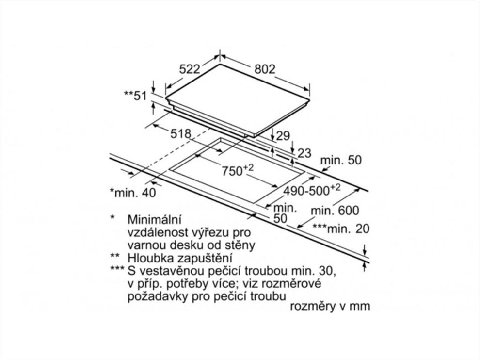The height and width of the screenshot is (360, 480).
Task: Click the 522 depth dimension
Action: point(190,69)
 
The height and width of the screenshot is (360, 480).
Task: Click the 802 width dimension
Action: point(265,69)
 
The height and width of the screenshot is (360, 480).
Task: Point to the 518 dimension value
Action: point(181,134)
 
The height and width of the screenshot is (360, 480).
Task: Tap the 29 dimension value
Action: point(283,135)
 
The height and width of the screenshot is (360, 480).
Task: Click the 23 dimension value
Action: point(304,153)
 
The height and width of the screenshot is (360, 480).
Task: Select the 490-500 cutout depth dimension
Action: point(312,190)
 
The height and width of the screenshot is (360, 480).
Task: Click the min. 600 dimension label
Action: point(335,211)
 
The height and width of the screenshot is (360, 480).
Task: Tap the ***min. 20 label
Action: point(341,229)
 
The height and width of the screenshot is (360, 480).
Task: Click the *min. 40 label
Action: point(133,193)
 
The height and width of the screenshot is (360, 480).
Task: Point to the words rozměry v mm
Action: point(330,306)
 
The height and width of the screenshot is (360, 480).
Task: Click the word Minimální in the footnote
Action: point(154,219)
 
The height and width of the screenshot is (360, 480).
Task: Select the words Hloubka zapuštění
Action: point(180,258)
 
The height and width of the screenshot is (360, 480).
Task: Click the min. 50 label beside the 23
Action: point(341,160)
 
